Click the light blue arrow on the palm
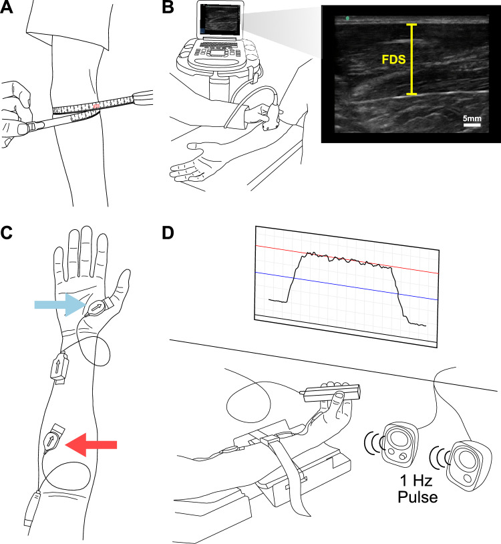pyautogui.click(x=59, y=305)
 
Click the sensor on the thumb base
pyautogui.click(x=98, y=307)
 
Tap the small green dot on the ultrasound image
pyautogui.click(x=348, y=18)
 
